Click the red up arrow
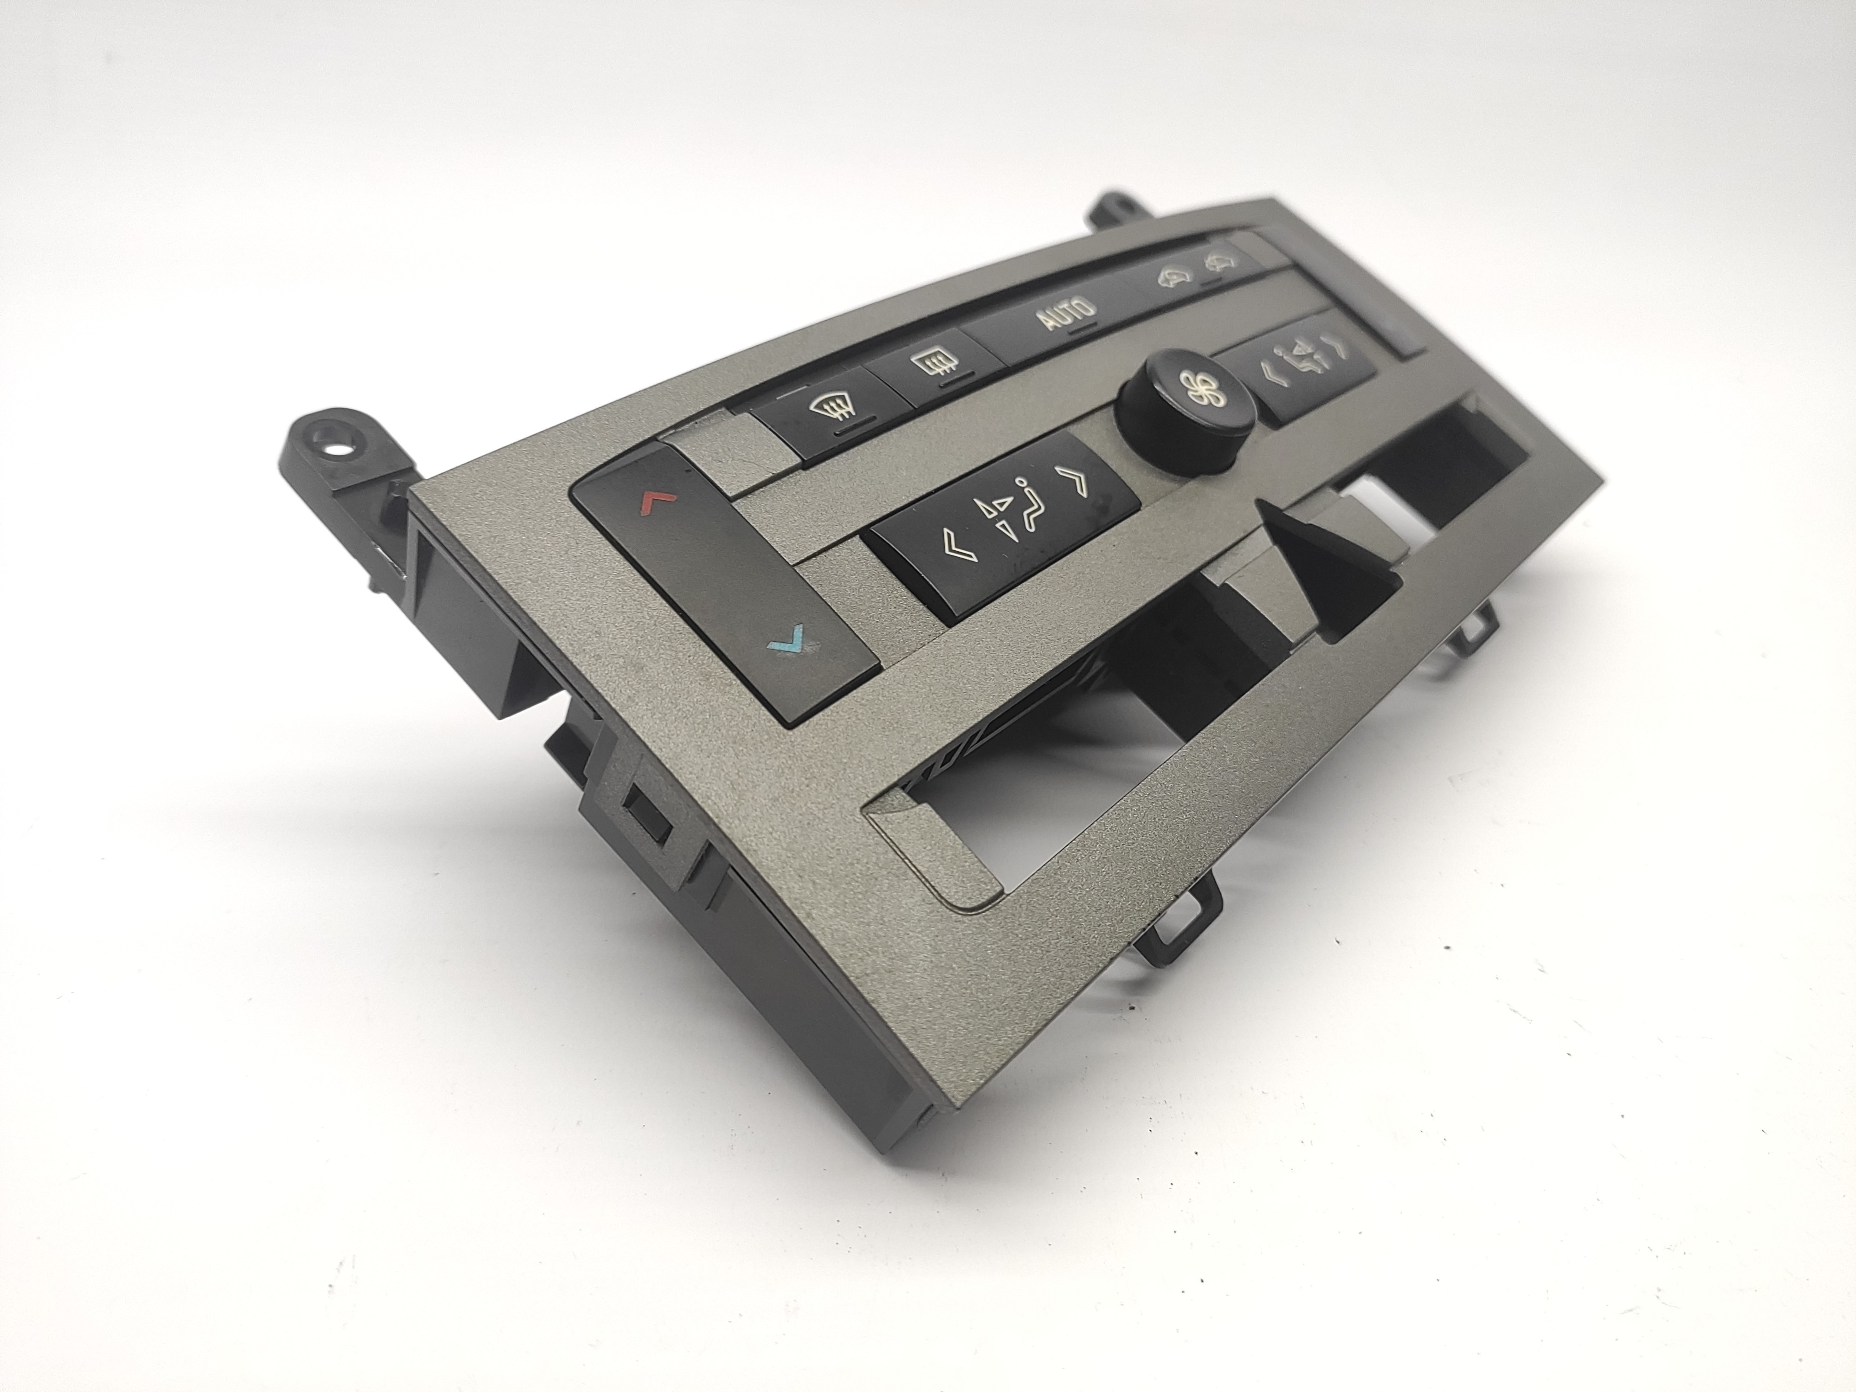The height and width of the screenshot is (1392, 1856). coord(657,502)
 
